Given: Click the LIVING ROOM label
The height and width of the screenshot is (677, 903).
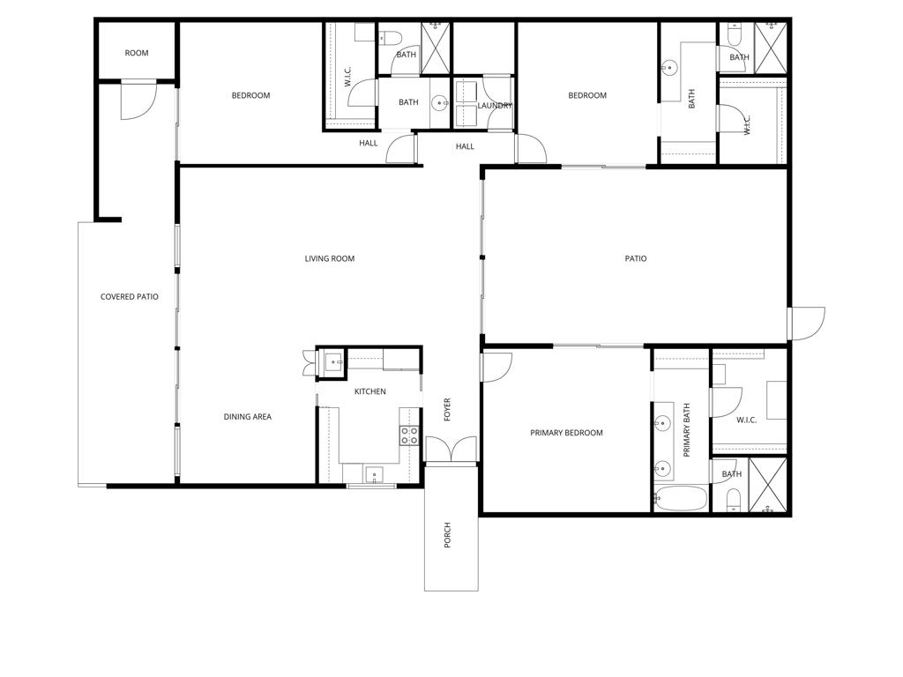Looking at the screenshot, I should click(x=329, y=258).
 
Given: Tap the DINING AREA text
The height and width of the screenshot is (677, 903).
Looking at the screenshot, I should click(x=247, y=417).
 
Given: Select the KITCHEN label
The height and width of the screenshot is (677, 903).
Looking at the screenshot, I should click(x=369, y=391).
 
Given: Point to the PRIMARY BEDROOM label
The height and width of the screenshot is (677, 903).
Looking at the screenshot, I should click(x=566, y=433).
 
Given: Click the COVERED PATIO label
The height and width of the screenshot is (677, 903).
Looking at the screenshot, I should click(x=129, y=297).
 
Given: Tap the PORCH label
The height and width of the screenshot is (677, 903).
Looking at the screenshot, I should click(x=447, y=535).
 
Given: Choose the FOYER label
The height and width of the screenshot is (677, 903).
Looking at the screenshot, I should click(x=447, y=409).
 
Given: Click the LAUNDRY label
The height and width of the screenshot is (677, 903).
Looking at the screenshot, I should click(x=495, y=106).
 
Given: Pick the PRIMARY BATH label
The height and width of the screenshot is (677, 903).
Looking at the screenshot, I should click(x=687, y=429).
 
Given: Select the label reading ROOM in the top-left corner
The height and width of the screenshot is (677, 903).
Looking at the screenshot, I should click(x=137, y=53).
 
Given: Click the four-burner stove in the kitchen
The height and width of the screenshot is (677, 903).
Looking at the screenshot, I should click(x=410, y=435).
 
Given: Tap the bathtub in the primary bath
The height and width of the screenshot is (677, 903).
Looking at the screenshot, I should click(x=680, y=499).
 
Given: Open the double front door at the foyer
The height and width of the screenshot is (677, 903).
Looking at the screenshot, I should click(x=451, y=450).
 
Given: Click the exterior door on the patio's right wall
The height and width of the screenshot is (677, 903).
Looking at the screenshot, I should click(x=806, y=323).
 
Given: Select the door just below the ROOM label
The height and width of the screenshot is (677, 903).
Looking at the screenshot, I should click(x=138, y=99).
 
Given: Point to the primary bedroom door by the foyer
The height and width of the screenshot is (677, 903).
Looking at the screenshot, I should click(x=496, y=366).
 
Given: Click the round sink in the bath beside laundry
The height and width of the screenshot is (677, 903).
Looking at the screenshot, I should click(x=438, y=102).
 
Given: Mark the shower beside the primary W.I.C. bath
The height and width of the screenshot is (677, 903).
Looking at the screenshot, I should click(x=767, y=486).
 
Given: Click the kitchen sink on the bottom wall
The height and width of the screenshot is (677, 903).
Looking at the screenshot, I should click(x=374, y=475).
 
